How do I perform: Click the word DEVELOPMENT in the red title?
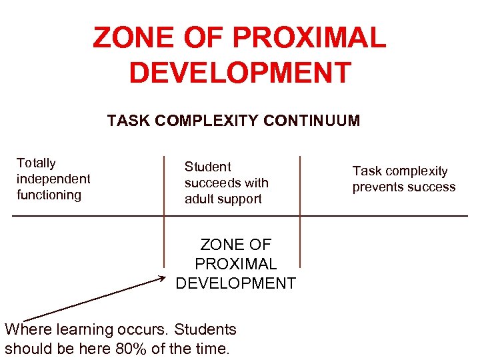240,73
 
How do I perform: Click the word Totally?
36,163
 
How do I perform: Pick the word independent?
53,179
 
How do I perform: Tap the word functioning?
49,195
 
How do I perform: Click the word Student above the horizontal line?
207,167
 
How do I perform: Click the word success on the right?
431,187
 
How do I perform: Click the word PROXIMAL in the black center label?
235,264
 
